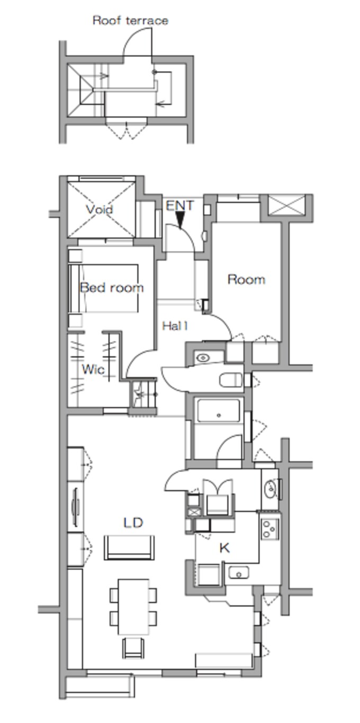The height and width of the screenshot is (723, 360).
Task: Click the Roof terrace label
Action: [130, 21]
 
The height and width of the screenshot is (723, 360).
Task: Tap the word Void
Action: [100, 210]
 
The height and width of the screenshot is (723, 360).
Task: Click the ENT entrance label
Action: [179, 205]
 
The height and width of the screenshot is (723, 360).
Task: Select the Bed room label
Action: [112, 287]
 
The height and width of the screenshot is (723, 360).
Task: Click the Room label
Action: [246, 279]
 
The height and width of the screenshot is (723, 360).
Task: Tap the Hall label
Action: [175, 326]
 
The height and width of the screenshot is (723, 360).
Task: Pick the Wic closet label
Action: [93, 369]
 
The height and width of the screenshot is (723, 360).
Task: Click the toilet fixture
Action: [231, 379]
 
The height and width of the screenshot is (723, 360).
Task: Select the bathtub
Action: [219, 411]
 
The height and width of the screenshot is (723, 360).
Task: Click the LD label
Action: [133, 522]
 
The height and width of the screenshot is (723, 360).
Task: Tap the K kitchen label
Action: [224, 547]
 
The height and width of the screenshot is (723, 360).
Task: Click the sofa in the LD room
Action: [129, 547]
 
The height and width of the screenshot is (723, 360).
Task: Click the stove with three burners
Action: [270, 529]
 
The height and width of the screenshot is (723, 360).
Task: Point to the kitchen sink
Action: [239, 573]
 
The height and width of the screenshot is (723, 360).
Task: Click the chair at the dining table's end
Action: [133, 648]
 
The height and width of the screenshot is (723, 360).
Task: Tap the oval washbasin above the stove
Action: [270, 489]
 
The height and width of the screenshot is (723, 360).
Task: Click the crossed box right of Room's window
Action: [287, 205]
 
